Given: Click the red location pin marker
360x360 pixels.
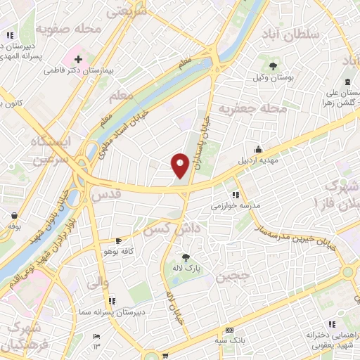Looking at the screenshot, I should pos(181,165).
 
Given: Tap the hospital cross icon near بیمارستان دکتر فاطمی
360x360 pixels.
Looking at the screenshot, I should pos(78,59).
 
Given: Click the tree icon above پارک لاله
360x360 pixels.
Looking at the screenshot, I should pos(186,258).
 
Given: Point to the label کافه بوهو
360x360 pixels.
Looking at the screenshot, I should pos(117,251).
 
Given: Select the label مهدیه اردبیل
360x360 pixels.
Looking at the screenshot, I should pos(259,159).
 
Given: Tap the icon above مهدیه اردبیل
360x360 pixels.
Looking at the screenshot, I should pos(259,149).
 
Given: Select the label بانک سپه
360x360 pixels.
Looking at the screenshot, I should pos(230,342).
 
